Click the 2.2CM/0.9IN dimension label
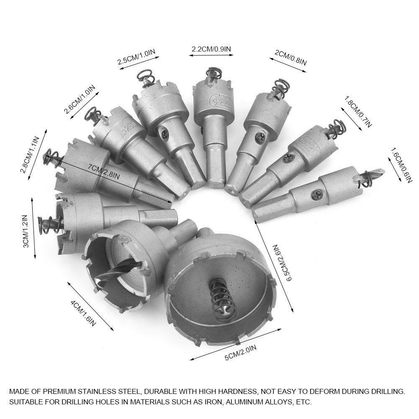[x=211, y=49]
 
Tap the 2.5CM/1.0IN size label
[x=136, y=57]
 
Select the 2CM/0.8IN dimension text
[x=290, y=57]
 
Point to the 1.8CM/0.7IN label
[x=357, y=112]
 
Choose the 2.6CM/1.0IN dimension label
[x=79, y=99]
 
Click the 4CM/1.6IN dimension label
[x=83, y=314]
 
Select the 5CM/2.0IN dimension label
[x=241, y=352]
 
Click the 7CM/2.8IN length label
[x=104, y=171]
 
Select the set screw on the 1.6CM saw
[x=316, y=195]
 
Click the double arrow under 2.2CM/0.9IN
[x=211, y=55]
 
